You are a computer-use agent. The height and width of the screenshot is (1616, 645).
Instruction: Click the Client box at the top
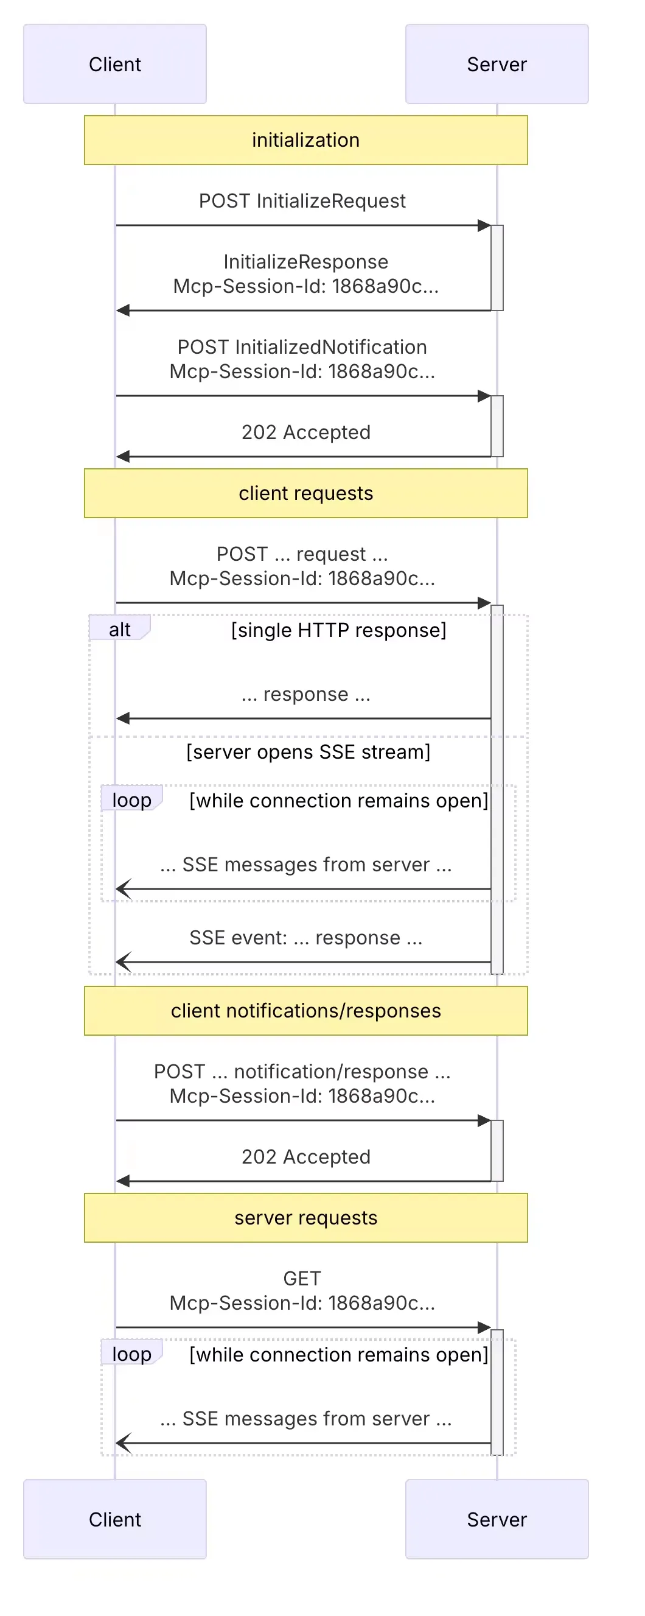click(x=115, y=64)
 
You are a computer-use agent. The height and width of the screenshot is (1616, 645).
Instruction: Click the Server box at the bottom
click(x=497, y=1519)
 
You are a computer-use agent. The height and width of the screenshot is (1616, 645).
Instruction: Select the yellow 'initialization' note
click(x=305, y=140)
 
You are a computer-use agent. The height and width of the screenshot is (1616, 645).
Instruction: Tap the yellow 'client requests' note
click(x=305, y=493)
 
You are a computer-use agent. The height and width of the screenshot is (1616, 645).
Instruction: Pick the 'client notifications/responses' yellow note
click(x=305, y=1011)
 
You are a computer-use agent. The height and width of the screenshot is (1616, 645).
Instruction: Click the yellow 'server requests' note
click(x=305, y=1218)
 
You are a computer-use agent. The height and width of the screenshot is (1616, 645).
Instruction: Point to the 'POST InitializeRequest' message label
click(x=302, y=201)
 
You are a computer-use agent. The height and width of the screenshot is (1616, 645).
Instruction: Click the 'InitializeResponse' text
click(x=305, y=262)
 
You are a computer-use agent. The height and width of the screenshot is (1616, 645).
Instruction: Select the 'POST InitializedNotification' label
click(x=302, y=347)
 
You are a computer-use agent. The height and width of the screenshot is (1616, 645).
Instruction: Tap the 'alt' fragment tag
click(x=119, y=629)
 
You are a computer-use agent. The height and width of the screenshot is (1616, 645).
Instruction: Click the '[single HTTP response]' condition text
click(x=338, y=630)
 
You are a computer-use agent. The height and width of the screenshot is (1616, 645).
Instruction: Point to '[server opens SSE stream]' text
click(x=308, y=751)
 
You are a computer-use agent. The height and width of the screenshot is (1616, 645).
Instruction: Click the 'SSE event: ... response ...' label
click(x=305, y=937)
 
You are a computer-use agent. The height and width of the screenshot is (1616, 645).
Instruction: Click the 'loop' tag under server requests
click(x=131, y=1354)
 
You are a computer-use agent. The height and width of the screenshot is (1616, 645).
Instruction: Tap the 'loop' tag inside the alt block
click(x=131, y=800)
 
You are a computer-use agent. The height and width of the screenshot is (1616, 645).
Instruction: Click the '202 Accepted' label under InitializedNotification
click(x=305, y=432)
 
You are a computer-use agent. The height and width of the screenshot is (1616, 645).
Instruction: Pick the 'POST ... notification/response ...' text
click(x=302, y=1072)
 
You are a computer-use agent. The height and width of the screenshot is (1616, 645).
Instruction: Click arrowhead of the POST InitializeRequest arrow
click(x=484, y=225)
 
